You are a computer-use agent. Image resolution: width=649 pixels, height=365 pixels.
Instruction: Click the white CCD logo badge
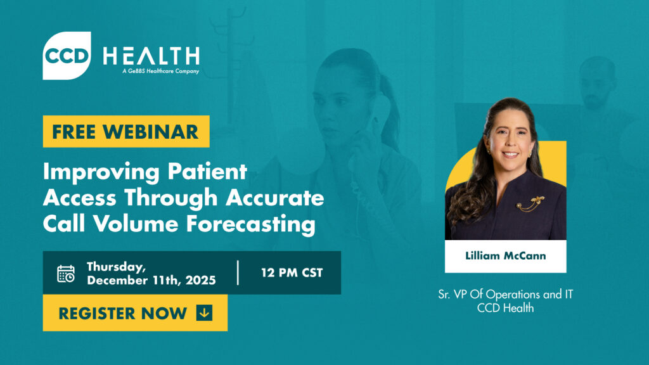coord(67,56)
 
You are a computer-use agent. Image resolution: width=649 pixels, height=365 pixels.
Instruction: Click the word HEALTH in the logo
coord(151,56)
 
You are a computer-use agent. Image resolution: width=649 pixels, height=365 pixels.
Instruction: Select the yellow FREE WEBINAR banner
coord(125,132)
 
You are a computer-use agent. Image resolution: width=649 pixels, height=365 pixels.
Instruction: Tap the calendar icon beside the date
coord(66,273)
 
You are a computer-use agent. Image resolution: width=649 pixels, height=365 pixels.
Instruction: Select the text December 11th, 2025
coord(151,280)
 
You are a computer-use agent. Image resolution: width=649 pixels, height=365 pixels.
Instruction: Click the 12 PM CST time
coord(292,273)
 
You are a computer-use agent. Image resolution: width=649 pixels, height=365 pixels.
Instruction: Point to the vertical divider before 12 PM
coord(239,272)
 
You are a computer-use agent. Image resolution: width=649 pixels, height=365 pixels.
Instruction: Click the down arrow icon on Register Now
coord(204,312)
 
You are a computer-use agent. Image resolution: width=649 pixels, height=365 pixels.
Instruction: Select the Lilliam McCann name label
coord(505,256)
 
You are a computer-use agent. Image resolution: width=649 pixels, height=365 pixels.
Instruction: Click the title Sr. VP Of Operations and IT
coord(505,295)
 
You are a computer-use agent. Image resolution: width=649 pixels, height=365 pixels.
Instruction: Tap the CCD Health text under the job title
coord(505,308)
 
